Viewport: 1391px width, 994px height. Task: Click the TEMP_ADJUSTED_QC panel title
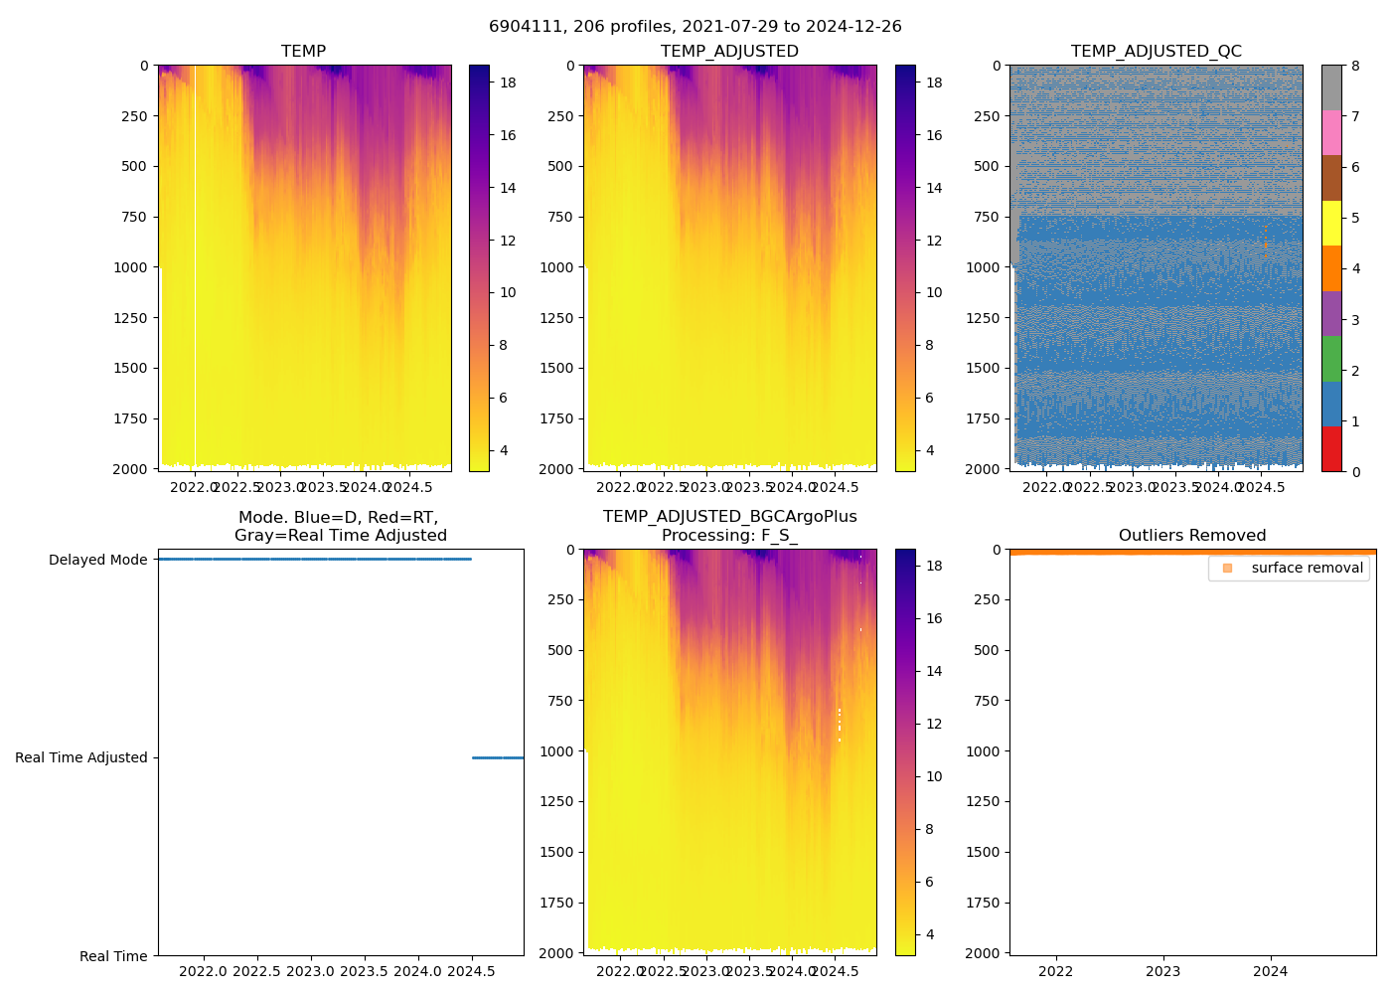(1156, 52)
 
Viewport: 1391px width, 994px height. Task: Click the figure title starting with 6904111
(695, 27)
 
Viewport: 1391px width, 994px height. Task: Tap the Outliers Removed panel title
(1192, 536)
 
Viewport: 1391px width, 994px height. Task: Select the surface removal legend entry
(1307, 569)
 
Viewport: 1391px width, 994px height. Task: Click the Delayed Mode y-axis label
(97, 561)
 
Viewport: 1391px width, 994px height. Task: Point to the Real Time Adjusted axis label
(81, 758)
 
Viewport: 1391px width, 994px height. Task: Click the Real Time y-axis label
(113, 956)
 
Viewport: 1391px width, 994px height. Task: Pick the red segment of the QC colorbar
(1331, 448)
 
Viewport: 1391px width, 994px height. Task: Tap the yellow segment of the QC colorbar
(1331, 223)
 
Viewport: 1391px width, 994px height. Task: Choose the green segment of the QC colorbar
(1331, 359)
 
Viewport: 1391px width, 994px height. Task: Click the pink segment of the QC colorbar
(1331, 132)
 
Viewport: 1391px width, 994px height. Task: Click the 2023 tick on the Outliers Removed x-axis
(1163, 971)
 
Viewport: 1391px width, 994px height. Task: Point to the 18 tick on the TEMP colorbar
(508, 83)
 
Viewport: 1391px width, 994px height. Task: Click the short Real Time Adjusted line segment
(497, 757)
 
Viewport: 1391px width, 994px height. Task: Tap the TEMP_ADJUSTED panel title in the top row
(729, 52)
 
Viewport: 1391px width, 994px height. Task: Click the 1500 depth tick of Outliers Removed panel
(982, 852)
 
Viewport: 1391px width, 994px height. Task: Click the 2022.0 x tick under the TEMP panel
(195, 487)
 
